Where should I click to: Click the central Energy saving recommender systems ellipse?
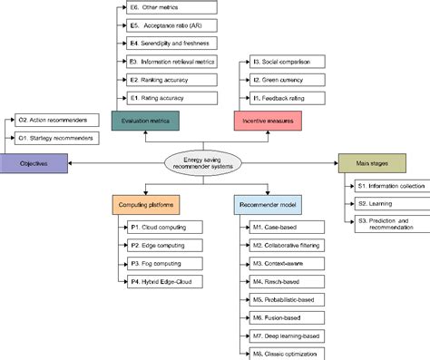click(206, 163)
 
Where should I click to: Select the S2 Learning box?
click(383, 204)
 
